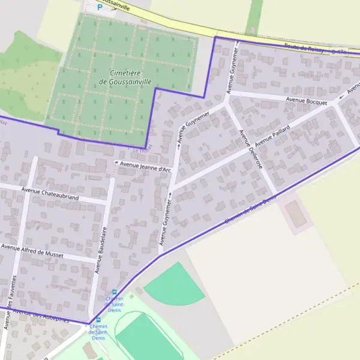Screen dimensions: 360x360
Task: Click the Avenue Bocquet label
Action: point(307,101)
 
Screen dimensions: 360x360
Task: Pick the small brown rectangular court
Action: point(295,214)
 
